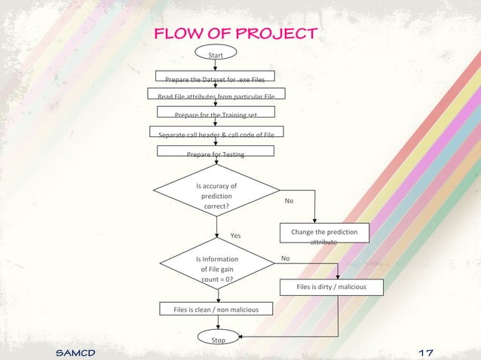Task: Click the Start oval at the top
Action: click(216, 53)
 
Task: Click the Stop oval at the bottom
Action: click(217, 340)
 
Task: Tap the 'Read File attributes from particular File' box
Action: click(216, 96)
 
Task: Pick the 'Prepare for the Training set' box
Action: click(216, 114)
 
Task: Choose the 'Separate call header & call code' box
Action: click(216, 133)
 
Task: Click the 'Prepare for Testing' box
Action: click(216, 153)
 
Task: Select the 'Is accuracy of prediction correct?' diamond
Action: click(216, 196)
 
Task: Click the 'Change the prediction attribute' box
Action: click(324, 235)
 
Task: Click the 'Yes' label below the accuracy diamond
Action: click(235, 236)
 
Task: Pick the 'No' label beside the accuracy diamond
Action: click(289, 201)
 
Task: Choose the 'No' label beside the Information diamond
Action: click(284, 258)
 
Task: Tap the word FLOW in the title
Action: click(175, 34)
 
